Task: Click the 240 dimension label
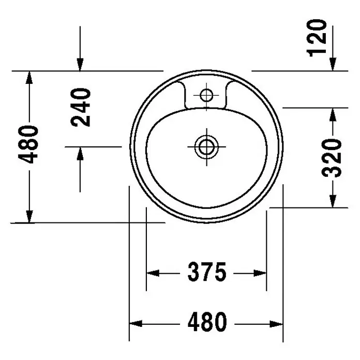click(x=81, y=107)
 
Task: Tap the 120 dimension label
click(x=317, y=38)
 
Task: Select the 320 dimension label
click(x=332, y=158)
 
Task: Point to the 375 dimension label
click(x=207, y=272)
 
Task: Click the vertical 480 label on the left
click(x=28, y=144)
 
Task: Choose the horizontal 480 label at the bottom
click(x=207, y=322)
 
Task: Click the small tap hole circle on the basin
click(x=206, y=95)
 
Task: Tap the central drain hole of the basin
click(x=206, y=147)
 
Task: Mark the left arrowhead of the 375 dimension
click(x=153, y=273)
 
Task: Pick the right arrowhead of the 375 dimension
click(x=260, y=273)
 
